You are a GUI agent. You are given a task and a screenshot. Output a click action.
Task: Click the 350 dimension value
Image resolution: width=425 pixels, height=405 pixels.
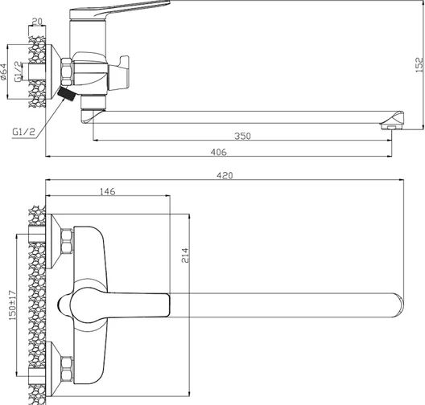click(242, 136)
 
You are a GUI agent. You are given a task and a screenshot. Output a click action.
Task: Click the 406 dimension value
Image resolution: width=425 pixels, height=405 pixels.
click(218, 152)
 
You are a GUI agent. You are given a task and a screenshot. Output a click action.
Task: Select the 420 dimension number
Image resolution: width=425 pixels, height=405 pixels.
click(225, 176)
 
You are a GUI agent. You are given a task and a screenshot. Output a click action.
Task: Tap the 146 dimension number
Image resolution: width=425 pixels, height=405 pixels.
click(108, 191)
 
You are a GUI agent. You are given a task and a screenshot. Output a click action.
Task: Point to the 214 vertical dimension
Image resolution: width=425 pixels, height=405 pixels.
click(185, 256)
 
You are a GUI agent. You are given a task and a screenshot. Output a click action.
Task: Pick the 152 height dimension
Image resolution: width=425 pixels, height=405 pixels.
click(419, 64)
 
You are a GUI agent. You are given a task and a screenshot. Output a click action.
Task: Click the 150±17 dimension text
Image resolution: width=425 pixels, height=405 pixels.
click(12, 305)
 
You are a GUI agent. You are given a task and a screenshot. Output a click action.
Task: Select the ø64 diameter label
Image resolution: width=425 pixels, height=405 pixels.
click(3, 72)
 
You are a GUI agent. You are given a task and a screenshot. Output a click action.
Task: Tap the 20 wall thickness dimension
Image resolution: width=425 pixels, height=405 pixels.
click(37, 22)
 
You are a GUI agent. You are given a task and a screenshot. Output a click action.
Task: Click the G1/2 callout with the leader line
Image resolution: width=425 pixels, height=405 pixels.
click(24, 132)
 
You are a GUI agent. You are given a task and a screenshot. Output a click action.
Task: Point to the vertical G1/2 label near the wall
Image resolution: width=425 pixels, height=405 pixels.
click(18, 72)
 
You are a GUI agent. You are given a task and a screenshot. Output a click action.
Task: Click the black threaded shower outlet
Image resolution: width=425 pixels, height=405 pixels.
click(66, 93)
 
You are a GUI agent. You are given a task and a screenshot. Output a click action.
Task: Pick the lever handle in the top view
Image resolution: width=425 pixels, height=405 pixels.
click(113, 305)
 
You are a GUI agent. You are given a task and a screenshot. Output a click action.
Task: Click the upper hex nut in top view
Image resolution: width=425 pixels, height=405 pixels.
click(67, 241)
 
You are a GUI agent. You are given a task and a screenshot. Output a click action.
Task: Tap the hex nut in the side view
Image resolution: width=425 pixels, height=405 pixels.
click(67, 72)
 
